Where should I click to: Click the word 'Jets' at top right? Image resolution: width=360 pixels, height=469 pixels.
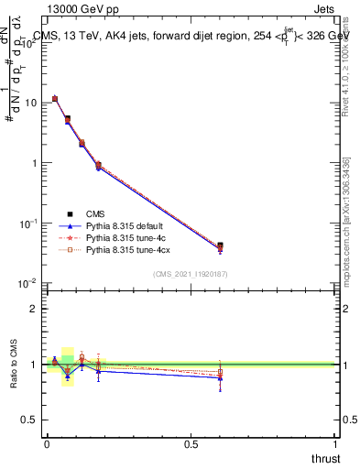tap(325, 8)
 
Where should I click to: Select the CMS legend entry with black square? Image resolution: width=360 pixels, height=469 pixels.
tap(94, 213)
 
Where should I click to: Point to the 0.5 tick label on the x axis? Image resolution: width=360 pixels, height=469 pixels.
tap(191, 443)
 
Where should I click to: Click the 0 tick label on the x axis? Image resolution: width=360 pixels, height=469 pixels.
tap(47, 443)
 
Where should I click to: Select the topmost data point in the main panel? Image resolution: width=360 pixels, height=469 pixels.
tap(55, 98)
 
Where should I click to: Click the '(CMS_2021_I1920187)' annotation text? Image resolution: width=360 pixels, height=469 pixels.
tap(191, 274)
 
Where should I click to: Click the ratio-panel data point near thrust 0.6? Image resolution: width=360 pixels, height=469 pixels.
tap(220, 372)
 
